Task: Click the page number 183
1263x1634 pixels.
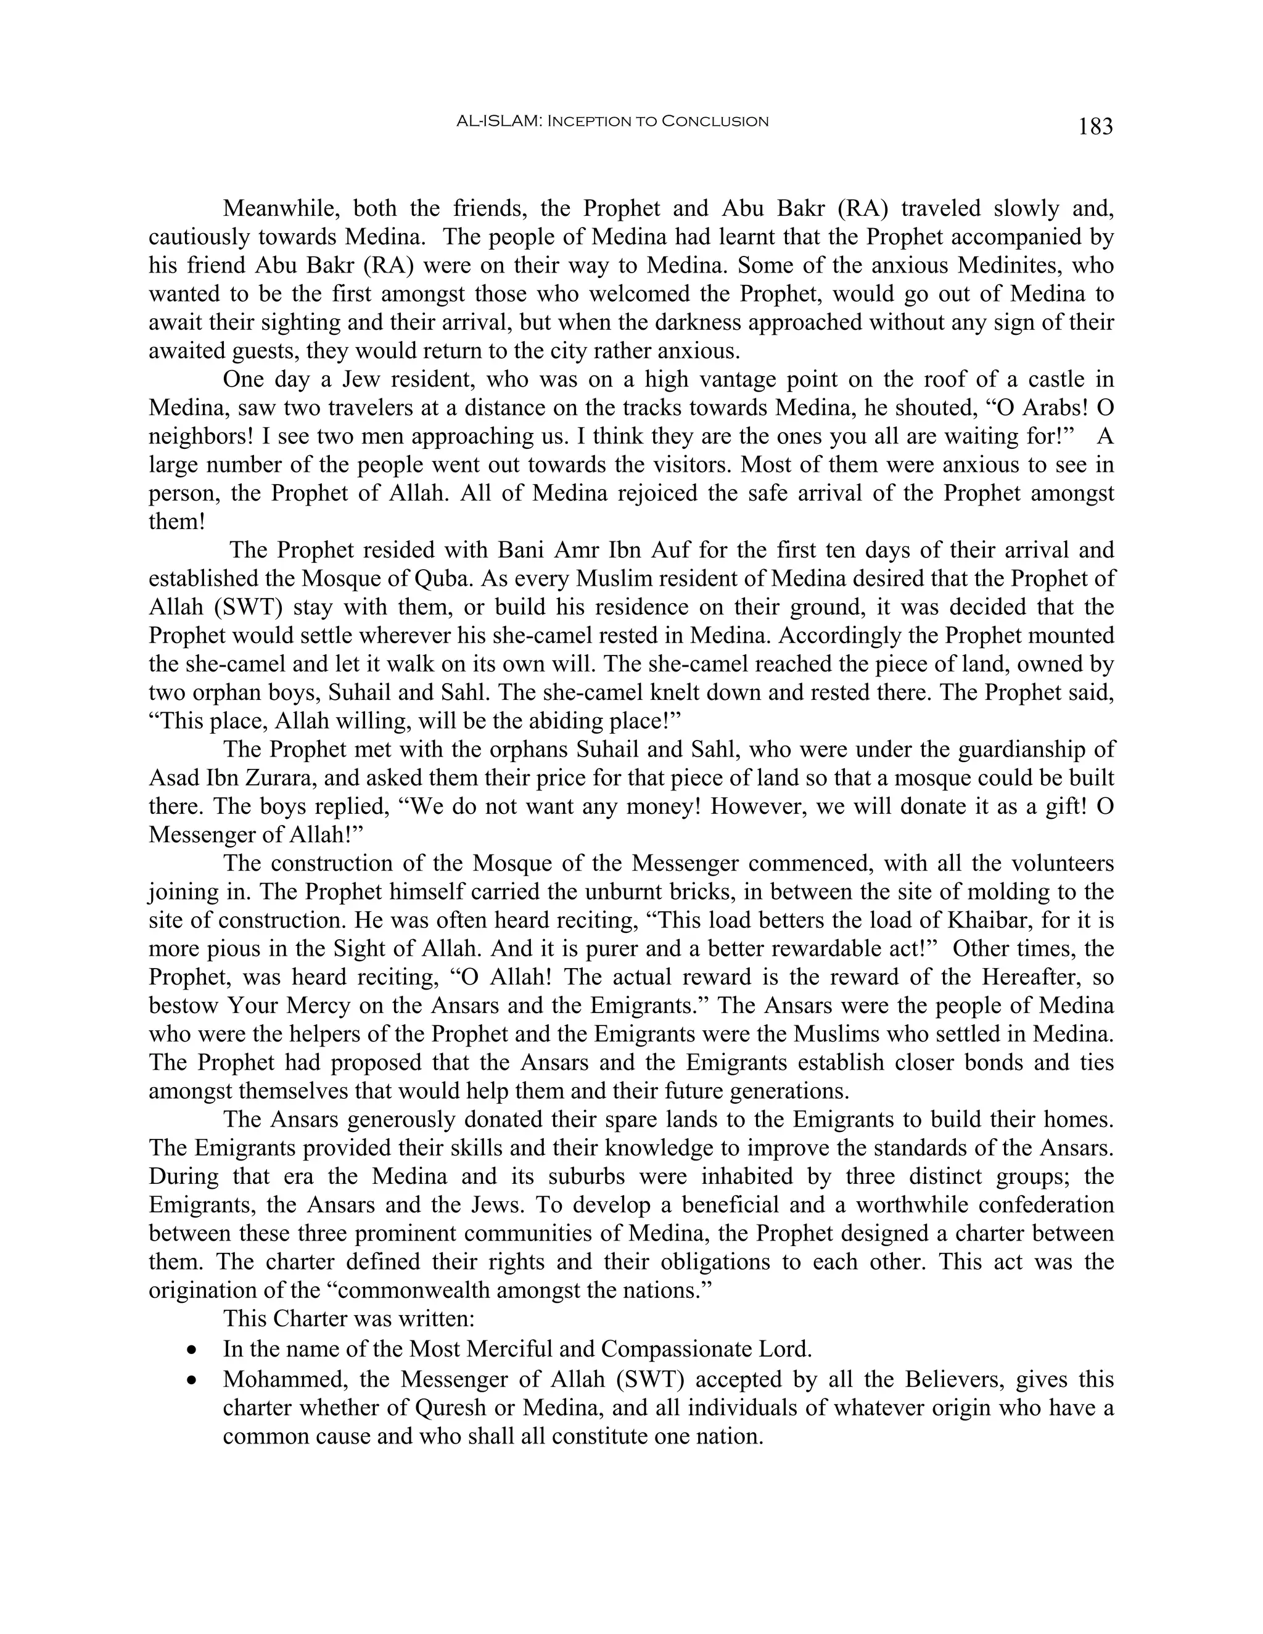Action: (1095, 126)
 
